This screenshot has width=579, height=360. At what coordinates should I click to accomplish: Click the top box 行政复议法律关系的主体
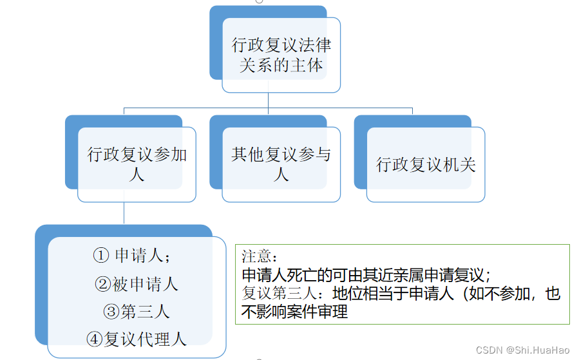click(x=281, y=55)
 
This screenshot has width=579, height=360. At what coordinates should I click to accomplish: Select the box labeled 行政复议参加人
click(x=137, y=164)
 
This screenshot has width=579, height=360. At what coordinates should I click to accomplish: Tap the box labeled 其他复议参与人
click(x=281, y=164)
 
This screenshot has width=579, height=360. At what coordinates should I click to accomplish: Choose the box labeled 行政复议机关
click(x=426, y=164)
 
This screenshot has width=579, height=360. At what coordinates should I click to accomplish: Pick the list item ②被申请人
click(x=136, y=283)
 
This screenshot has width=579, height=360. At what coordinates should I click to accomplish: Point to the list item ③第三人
click(x=136, y=312)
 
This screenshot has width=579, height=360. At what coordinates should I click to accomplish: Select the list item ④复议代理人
click(x=136, y=339)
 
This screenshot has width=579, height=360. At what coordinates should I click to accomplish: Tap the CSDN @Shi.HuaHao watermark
click(x=522, y=350)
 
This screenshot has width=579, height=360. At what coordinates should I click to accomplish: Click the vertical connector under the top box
click(x=269, y=100)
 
